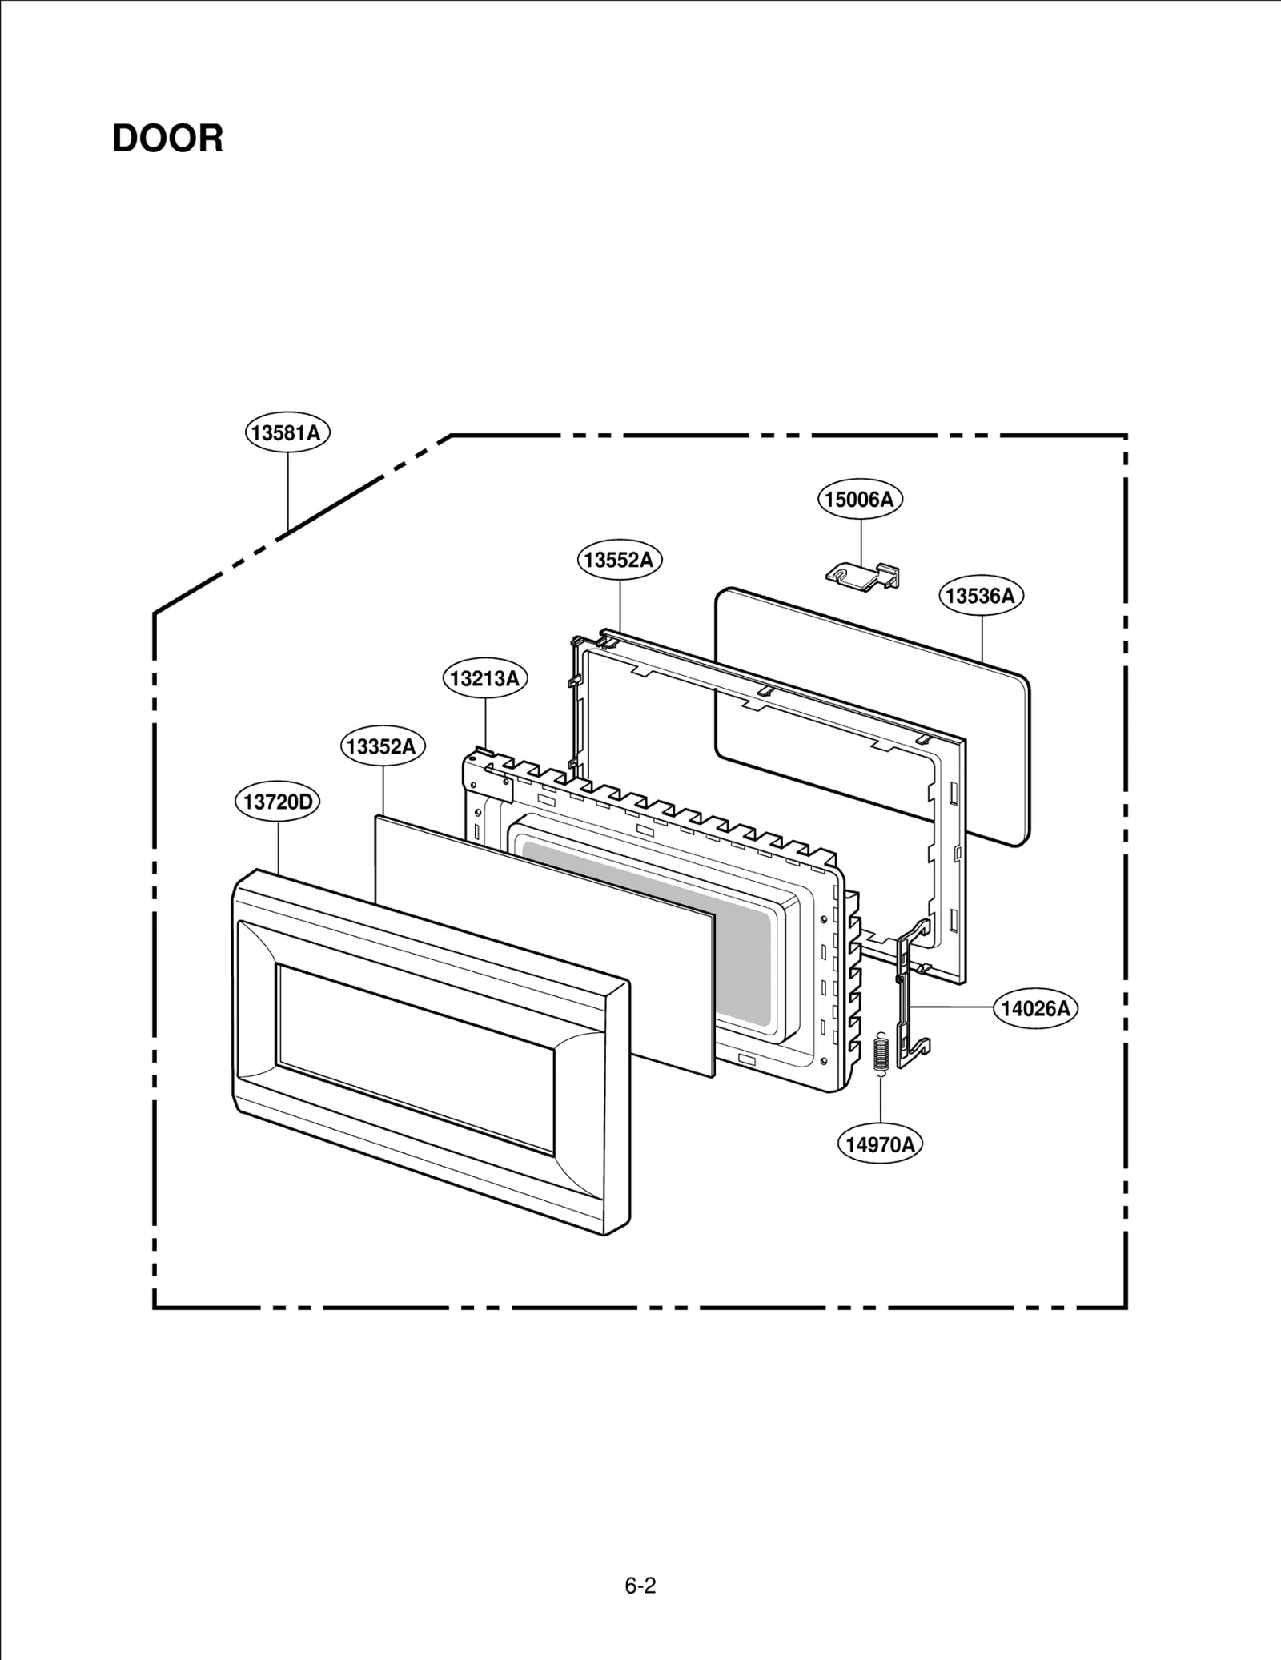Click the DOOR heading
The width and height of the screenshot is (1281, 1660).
pyautogui.click(x=167, y=139)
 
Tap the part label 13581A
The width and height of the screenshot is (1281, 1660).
pyautogui.click(x=287, y=433)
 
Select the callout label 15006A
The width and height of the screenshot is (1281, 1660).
pyautogui.click(x=860, y=500)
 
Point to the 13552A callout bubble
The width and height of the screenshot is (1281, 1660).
pyautogui.click(x=619, y=560)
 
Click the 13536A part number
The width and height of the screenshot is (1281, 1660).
pyautogui.click(x=981, y=596)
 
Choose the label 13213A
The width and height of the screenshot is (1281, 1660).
pyautogui.click(x=485, y=679)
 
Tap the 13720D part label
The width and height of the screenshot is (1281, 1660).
pyautogui.click(x=277, y=802)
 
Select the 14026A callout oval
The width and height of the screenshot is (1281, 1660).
pyautogui.click(x=1035, y=1008)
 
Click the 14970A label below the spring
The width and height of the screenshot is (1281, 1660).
pyautogui.click(x=880, y=1144)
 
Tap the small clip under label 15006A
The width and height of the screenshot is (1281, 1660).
pyautogui.click(x=862, y=573)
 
